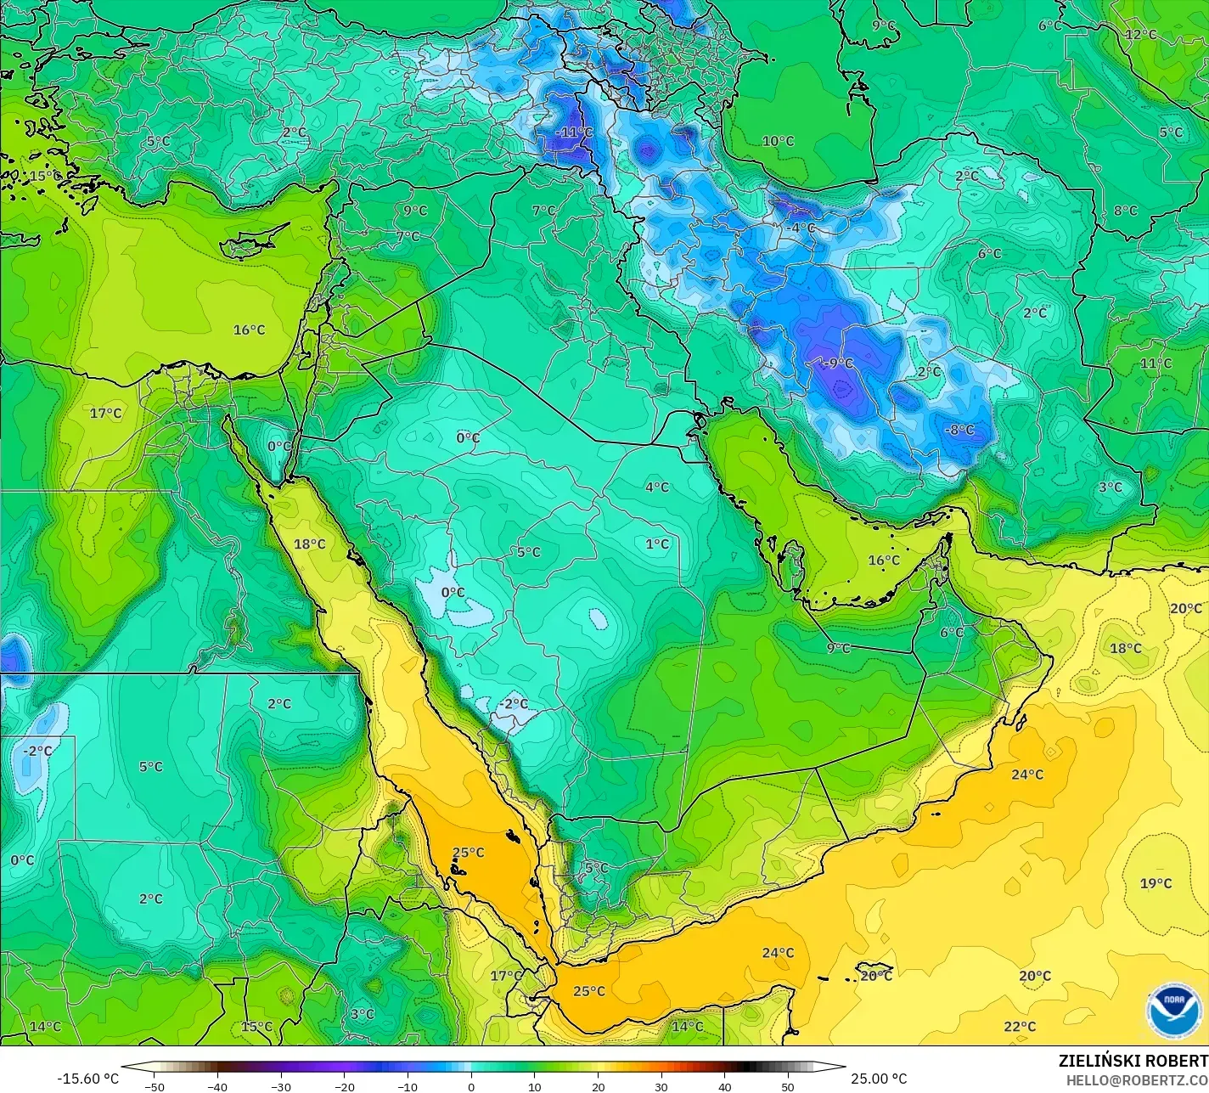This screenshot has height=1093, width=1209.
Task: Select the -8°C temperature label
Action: (x=959, y=431)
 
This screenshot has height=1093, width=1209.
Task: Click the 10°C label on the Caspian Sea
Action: (x=778, y=142)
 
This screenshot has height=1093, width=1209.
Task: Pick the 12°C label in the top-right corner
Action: (x=1140, y=35)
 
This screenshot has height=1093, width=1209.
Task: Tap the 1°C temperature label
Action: (x=656, y=544)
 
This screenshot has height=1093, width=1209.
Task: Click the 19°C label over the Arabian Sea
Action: (x=1156, y=884)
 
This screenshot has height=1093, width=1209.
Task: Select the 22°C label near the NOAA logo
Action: (x=1020, y=1027)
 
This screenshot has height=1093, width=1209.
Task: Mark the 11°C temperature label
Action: (x=1156, y=363)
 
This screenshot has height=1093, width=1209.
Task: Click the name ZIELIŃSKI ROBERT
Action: (x=1133, y=1062)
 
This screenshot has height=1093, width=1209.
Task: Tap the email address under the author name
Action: (x=1137, y=1079)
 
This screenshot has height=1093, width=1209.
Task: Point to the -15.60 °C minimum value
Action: (x=87, y=1079)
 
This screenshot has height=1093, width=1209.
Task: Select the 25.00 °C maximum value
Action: (x=879, y=1079)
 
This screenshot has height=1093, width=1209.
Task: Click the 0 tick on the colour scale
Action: (x=471, y=1087)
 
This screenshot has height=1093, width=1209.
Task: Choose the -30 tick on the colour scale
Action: (x=281, y=1087)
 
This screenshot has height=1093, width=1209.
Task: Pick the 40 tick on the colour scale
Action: (x=724, y=1087)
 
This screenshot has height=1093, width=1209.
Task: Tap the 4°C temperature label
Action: (x=656, y=487)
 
